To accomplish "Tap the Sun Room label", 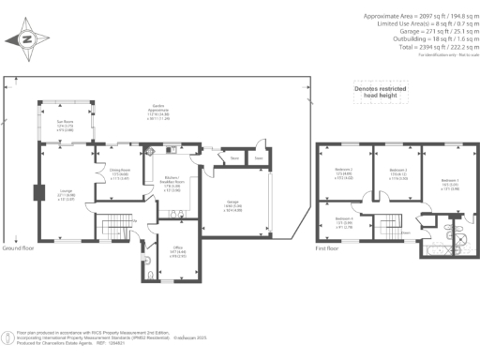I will [x=66, y=127].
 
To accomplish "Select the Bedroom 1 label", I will [x=449, y=184].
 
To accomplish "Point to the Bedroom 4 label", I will [x=343, y=223].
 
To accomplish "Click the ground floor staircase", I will [x=112, y=227].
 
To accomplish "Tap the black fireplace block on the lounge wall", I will [x=37, y=193].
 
